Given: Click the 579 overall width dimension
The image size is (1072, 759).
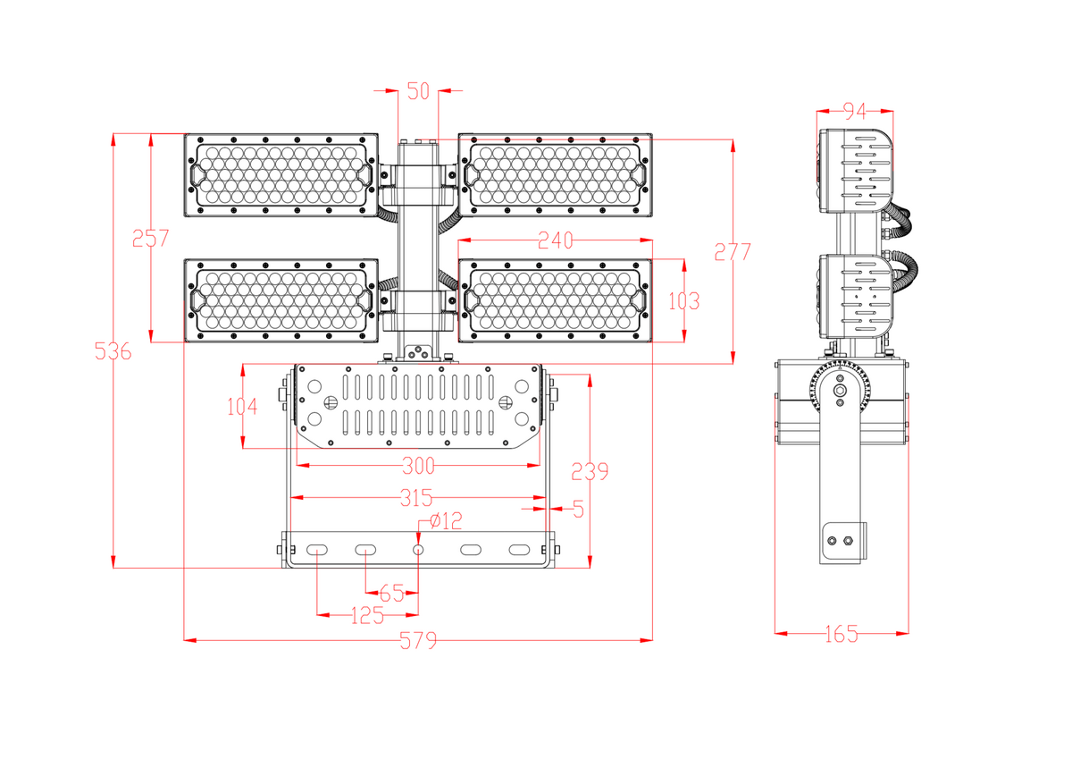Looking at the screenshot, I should pos(417,640).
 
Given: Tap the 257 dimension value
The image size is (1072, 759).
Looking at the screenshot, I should pos(150,239).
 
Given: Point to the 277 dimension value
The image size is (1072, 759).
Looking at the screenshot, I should pos(733,251).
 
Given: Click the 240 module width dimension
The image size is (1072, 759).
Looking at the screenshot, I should pos(555,240).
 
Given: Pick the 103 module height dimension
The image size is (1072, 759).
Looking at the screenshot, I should pos(683,301).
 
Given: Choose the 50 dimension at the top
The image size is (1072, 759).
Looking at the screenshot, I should pos(418,90).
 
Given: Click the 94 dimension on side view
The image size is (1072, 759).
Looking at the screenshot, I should pos(855,111).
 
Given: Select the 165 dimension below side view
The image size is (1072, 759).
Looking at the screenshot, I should pos(841,634).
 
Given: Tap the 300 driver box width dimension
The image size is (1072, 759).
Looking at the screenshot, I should pos(417,466).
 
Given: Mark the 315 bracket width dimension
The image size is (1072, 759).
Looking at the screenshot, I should pos(416,497).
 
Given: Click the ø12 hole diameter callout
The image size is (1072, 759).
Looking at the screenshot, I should pos(446,520).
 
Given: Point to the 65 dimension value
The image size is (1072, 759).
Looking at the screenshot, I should pos(391,593).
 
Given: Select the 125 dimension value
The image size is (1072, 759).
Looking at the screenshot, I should pos(366,615).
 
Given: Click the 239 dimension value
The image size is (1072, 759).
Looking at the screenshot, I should pos(590,471).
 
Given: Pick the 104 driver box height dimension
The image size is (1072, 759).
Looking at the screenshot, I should pos(242,407).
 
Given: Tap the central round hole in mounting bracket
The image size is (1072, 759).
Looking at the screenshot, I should pos(418,549).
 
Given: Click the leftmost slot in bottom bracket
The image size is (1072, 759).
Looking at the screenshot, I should pos(317,549).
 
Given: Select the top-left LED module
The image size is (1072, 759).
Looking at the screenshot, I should pos(281,175).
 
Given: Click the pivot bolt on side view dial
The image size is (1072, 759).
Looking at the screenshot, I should pos(841,391).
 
